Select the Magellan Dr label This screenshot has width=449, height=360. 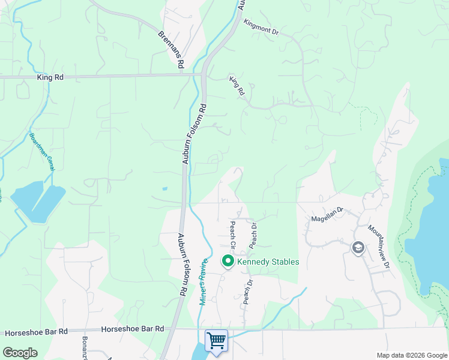click(327, 215)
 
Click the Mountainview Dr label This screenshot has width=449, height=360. click(379, 246)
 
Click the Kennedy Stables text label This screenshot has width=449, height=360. click(268, 262)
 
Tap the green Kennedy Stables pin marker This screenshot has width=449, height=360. click(228, 261)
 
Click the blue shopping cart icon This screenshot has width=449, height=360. click(216, 340)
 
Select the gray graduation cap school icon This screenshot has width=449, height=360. click(358, 248)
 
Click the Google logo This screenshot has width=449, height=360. click(20, 352)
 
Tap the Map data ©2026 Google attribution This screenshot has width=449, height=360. click(412, 355)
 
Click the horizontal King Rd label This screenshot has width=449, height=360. click(49, 77)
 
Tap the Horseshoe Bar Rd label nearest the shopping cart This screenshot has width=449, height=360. click(133, 329)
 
